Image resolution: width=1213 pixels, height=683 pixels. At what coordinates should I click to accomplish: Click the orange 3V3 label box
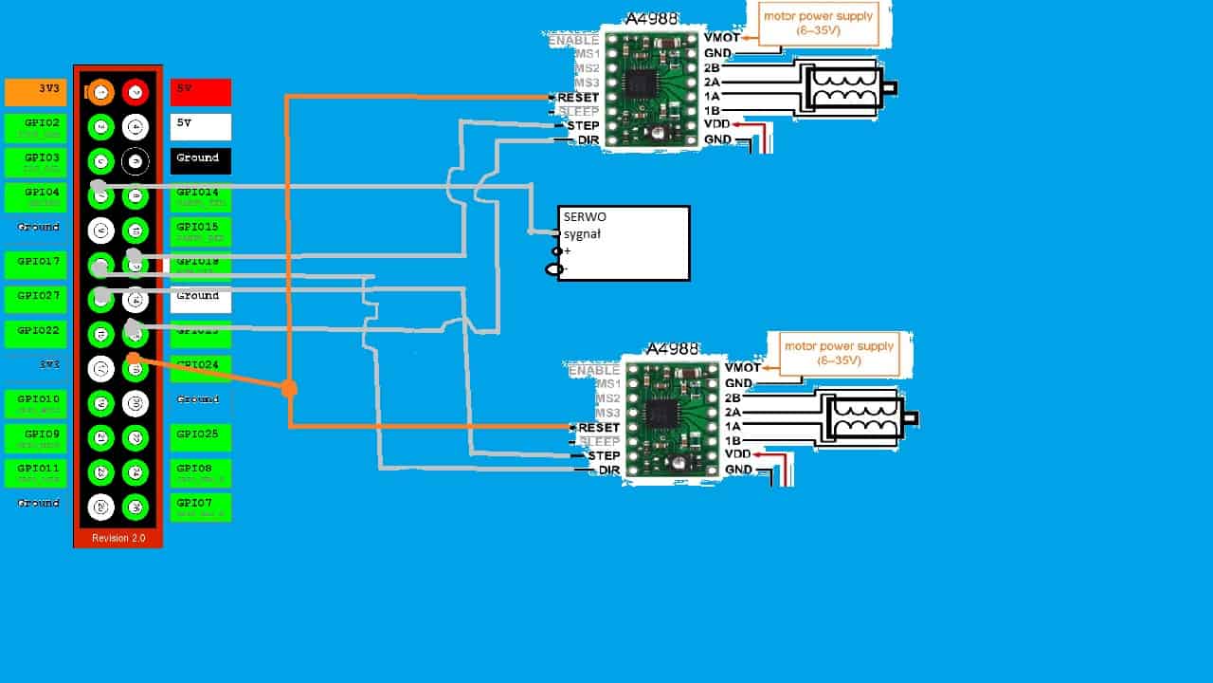(x=35, y=92)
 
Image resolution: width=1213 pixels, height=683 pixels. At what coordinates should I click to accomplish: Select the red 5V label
(x=201, y=92)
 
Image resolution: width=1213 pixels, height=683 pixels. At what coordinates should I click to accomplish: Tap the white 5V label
(x=201, y=126)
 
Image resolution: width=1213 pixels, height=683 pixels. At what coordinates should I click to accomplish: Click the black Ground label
(x=201, y=160)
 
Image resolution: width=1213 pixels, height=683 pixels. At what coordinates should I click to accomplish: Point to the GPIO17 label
(x=35, y=265)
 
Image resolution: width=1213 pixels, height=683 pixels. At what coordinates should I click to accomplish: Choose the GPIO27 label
(x=35, y=299)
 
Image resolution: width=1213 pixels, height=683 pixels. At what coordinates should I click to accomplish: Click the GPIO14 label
(x=201, y=196)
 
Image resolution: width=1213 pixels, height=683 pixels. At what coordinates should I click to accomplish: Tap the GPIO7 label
(x=201, y=506)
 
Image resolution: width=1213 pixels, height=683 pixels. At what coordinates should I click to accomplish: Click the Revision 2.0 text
(x=118, y=538)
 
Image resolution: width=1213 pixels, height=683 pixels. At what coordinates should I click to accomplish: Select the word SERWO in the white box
(x=584, y=217)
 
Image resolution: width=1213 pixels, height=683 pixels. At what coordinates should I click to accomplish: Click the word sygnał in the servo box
(x=583, y=233)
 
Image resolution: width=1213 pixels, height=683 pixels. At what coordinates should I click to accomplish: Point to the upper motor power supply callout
(x=818, y=24)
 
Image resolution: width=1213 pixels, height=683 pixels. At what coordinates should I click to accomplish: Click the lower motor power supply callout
(x=839, y=353)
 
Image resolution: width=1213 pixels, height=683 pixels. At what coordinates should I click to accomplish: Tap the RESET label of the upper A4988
(x=578, y=98)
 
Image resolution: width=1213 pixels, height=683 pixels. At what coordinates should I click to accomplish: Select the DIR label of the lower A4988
(x=608, y=471)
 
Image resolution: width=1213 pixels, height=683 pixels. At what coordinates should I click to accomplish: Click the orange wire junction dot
(x=289, y=387)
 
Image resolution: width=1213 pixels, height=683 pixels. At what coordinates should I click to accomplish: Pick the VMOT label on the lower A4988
(x=743, y=368)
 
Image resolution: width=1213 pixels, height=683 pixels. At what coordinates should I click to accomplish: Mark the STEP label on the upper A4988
(x=582, y=125)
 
